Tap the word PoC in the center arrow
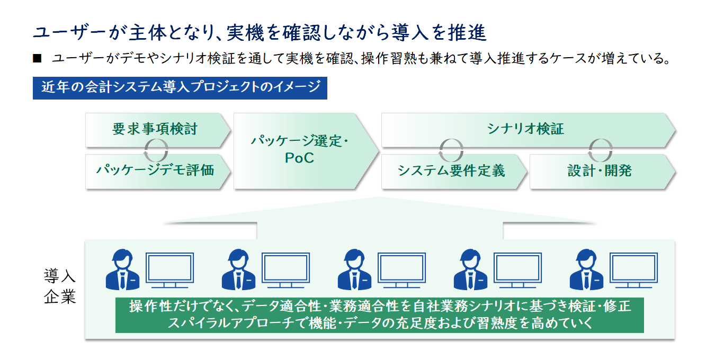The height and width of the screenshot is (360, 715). click(299, 158)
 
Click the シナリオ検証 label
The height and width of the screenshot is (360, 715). click(525, 129)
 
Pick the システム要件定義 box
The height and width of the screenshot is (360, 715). click(454, 172)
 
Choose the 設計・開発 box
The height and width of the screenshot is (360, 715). click(602, 172)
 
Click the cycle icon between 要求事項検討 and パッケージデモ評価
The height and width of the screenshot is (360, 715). click(156, 150)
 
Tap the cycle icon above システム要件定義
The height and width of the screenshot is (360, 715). click(451, 150)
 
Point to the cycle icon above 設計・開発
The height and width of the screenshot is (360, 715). click(601, 150)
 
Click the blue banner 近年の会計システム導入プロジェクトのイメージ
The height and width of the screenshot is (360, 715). click(180, 88)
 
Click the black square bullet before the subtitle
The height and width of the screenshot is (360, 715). click(37, 58)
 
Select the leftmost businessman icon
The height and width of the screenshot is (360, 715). click(122, 269)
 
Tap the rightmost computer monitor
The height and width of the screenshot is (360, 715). click(633, 270)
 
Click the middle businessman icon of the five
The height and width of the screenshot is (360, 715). click(354, 269)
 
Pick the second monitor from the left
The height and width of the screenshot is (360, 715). click(285, 270)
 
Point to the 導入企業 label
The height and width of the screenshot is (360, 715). click(60, 286)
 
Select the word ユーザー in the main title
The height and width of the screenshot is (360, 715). click(69, 33)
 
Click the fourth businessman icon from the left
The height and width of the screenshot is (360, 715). click(470, 269)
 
